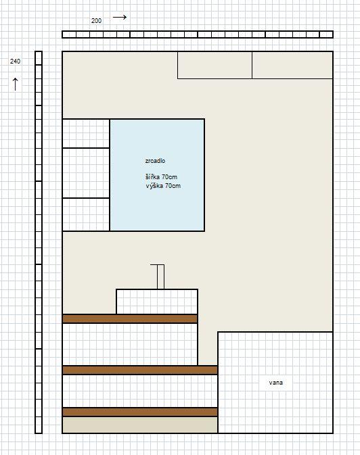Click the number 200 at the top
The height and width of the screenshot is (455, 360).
pos(97,21)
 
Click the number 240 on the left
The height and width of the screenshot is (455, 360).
pos(15,62)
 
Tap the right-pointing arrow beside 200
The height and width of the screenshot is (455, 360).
pos(120,17)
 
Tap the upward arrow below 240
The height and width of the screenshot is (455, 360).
pos(16,84)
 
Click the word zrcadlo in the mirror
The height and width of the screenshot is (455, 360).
pos(155,161)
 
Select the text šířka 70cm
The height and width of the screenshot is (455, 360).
pos(161,176)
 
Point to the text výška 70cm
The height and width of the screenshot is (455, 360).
pos(163,186)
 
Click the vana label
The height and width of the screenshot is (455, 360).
pos(275,383)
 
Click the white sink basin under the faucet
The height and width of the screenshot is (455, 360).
pos(157,302)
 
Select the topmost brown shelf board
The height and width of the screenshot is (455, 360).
pos(130,318)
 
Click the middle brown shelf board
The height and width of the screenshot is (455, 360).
pos(140,370)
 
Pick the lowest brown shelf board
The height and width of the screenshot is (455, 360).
pos(140,412)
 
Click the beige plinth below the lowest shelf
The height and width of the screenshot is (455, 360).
pos(140,425)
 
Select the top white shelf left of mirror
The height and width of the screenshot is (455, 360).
pos(86,133)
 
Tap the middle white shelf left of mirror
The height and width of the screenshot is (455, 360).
pos(86,173)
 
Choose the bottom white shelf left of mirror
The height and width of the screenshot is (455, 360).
pos(86,214)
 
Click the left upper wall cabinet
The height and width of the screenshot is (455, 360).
pos(215,65)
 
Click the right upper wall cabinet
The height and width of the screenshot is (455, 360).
pos(292,65)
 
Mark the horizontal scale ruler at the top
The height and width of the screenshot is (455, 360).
pos(198,34)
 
